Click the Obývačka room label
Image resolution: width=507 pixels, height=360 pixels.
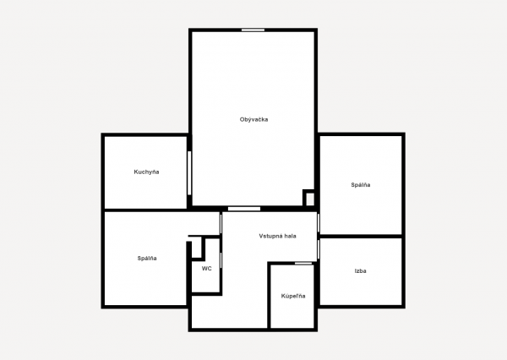(253, 119)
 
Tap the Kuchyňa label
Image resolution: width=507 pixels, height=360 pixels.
(146, 172)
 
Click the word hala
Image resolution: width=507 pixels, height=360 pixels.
(290, 236)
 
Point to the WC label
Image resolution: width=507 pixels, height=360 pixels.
(207, 269)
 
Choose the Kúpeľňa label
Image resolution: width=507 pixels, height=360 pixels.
(293, 296)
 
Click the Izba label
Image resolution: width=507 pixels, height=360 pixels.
(360, 270)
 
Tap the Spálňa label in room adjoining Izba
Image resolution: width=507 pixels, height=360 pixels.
(361, 185)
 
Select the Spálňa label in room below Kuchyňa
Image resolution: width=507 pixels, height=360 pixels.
(147, 258)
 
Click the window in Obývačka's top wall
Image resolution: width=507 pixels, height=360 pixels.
(253, 30)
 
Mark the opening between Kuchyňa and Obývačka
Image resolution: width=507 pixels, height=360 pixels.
(189, 173)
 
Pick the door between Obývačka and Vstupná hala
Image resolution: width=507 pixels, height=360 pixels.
(244, 209)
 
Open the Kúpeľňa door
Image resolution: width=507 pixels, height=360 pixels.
(303, 264)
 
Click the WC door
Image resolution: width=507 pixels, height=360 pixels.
(221, 260)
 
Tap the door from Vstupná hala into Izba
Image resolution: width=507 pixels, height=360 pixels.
(319, 249)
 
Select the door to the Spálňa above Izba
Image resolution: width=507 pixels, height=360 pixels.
(319, 223)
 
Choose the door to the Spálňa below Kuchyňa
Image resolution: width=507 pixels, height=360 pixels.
(221, 223)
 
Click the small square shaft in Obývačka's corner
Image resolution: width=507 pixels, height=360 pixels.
(309, 199)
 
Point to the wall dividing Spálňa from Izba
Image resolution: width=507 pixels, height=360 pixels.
(361, 237)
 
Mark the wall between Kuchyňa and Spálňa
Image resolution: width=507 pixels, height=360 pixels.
(146, 210)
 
